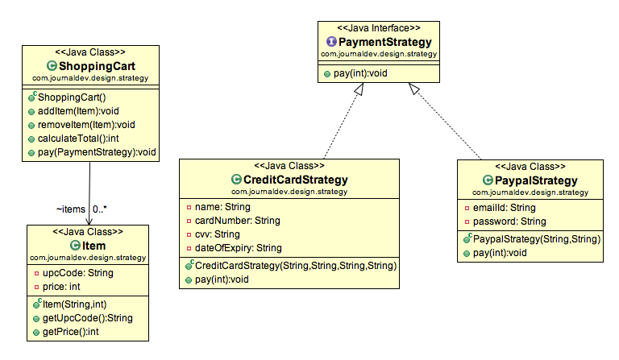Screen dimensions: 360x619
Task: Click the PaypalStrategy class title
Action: coord(535,180)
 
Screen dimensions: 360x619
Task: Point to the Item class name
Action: coord(93,245)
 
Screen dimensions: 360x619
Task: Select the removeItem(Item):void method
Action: coord(85,124)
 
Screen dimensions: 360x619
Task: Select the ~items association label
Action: coord(70,209)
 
